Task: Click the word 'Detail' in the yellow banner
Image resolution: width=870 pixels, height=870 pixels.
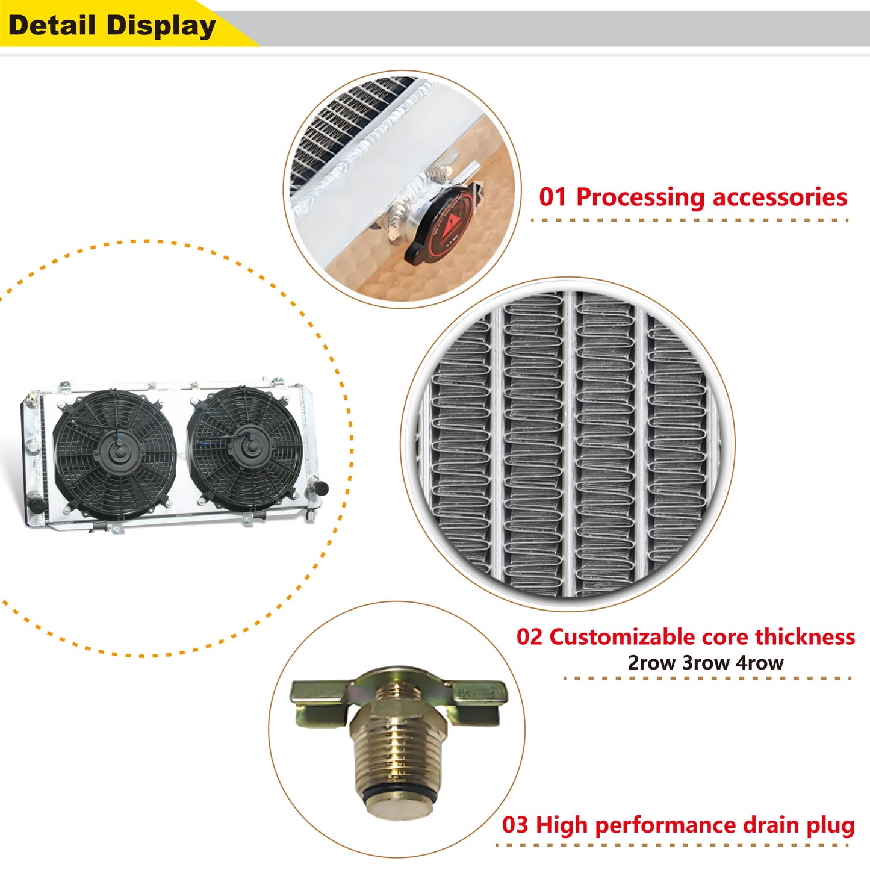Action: click(52, 26)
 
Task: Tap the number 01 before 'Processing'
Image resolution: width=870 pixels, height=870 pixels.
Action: click(553, 197)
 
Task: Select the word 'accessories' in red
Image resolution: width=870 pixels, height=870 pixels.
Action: click(780, 197)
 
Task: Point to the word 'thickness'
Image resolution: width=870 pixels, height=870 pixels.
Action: click(805, 637)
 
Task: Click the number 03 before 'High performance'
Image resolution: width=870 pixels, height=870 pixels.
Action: click(515, 825)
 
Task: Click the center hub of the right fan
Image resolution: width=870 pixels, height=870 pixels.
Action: click(247, 447)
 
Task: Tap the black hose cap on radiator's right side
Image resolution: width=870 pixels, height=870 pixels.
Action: click(320, 488)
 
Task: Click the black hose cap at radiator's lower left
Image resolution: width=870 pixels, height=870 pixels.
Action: click(37, 505)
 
